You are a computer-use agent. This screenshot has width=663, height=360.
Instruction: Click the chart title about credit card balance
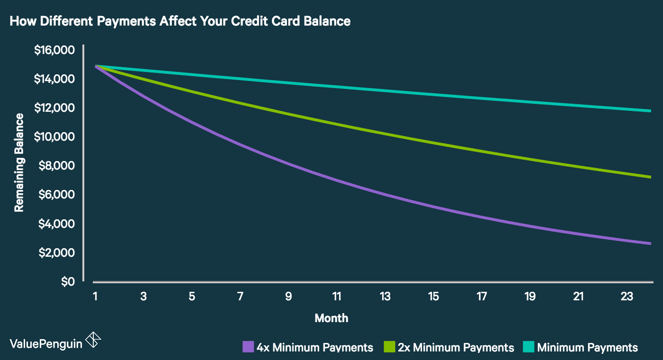(x=179, y=21)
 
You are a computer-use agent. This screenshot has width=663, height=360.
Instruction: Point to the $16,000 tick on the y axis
(x=54, y=50)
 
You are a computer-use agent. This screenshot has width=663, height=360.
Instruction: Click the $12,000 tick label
(x=54, y=108)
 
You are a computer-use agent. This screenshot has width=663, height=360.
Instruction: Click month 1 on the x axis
(x=95, y=297)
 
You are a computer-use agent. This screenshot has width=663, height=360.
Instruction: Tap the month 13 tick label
(x=385, y=297)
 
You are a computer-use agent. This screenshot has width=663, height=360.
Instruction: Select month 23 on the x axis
(x=627, y=297)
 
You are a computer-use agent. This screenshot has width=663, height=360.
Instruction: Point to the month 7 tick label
(x=240, y=297)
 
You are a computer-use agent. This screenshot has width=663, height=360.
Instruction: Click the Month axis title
(x=331, y=318)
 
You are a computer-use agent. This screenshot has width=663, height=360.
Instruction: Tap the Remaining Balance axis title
(x=19, y=162)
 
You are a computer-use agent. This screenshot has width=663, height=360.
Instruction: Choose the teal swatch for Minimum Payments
(x=529, y=347)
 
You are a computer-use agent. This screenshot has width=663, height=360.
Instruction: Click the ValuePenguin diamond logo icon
(x=93, y=340)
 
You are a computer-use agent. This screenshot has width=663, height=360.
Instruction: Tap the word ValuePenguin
(x=45, y=343)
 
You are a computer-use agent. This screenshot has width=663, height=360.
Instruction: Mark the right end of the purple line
(x=650, y=243)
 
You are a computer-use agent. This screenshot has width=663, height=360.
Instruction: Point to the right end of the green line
(x=650, y=177)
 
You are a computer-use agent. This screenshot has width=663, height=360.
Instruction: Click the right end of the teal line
(x=650, y=111)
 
